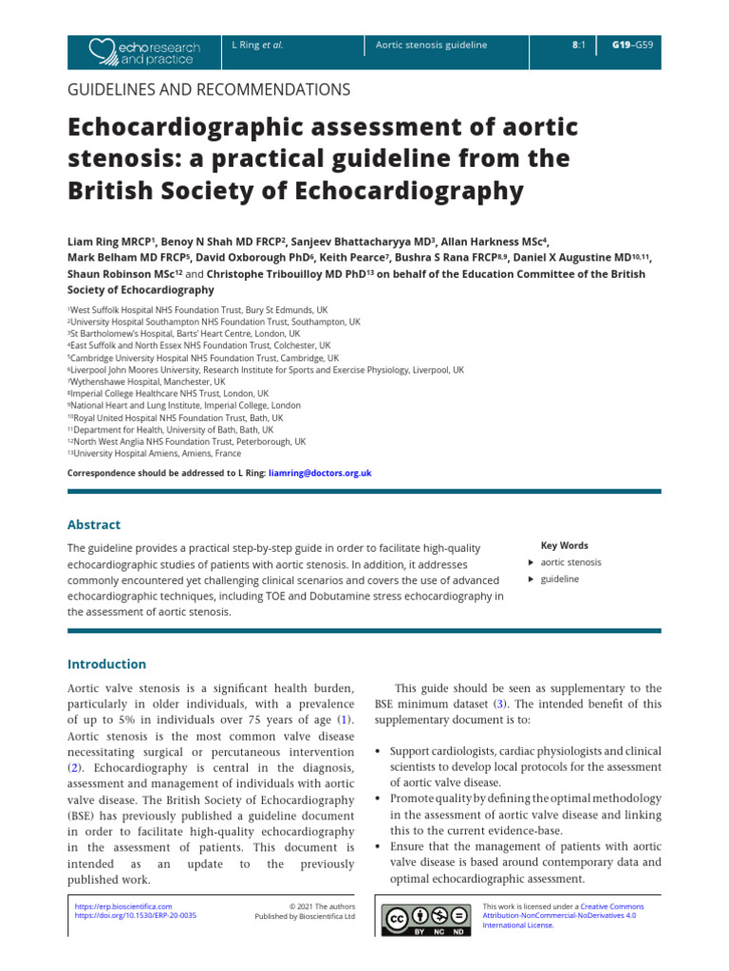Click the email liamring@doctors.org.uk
point(320,472)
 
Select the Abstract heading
point(94,524)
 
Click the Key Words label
point(564,545)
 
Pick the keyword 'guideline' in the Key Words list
point(559,578)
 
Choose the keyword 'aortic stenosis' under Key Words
point(570,562)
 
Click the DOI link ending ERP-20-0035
point(136,917)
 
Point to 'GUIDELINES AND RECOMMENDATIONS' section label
point(209,90)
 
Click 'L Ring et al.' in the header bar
point(258,45)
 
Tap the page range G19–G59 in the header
point(631,45)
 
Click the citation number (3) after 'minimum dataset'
point(499,705)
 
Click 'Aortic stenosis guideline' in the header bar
point(431,45)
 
